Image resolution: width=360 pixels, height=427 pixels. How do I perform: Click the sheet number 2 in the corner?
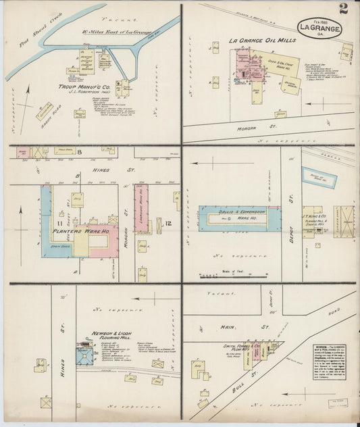pos(344,9)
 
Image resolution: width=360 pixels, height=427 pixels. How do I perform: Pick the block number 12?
pos(157,221)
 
